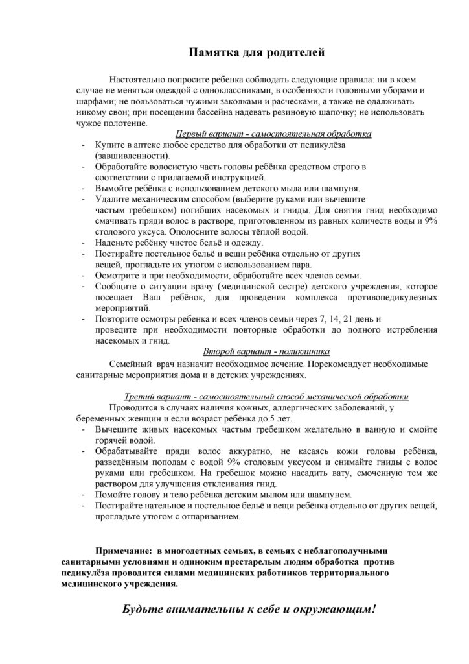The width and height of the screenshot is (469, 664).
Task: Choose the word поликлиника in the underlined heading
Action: point(307,351)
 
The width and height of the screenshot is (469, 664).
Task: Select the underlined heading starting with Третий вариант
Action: point(266,396)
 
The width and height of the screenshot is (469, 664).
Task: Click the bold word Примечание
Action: point(123,550)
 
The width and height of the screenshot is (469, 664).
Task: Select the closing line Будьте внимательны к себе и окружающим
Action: point(249,610)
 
